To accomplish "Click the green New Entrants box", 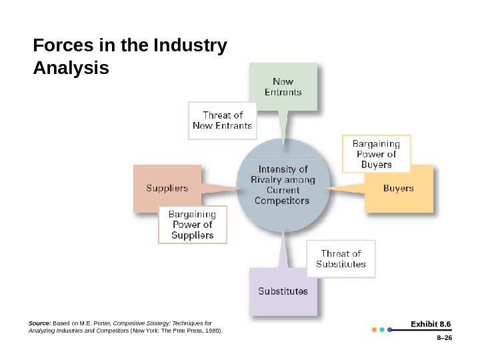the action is [x=283, y=87].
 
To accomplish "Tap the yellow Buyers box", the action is [x=399, y=189].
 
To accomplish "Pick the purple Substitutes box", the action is [x=283, y=291].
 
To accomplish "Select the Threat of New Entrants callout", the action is [x=222, y=120].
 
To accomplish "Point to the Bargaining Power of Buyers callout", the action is [x=376, y=153].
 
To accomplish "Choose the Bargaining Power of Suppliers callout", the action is [x=193, y=225].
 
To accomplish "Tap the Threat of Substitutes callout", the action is [x=341, y=259].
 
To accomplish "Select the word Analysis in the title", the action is [x=70, y=68].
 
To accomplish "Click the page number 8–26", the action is [x=441, y=339].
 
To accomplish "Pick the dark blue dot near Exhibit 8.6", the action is [x=389, y=329].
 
